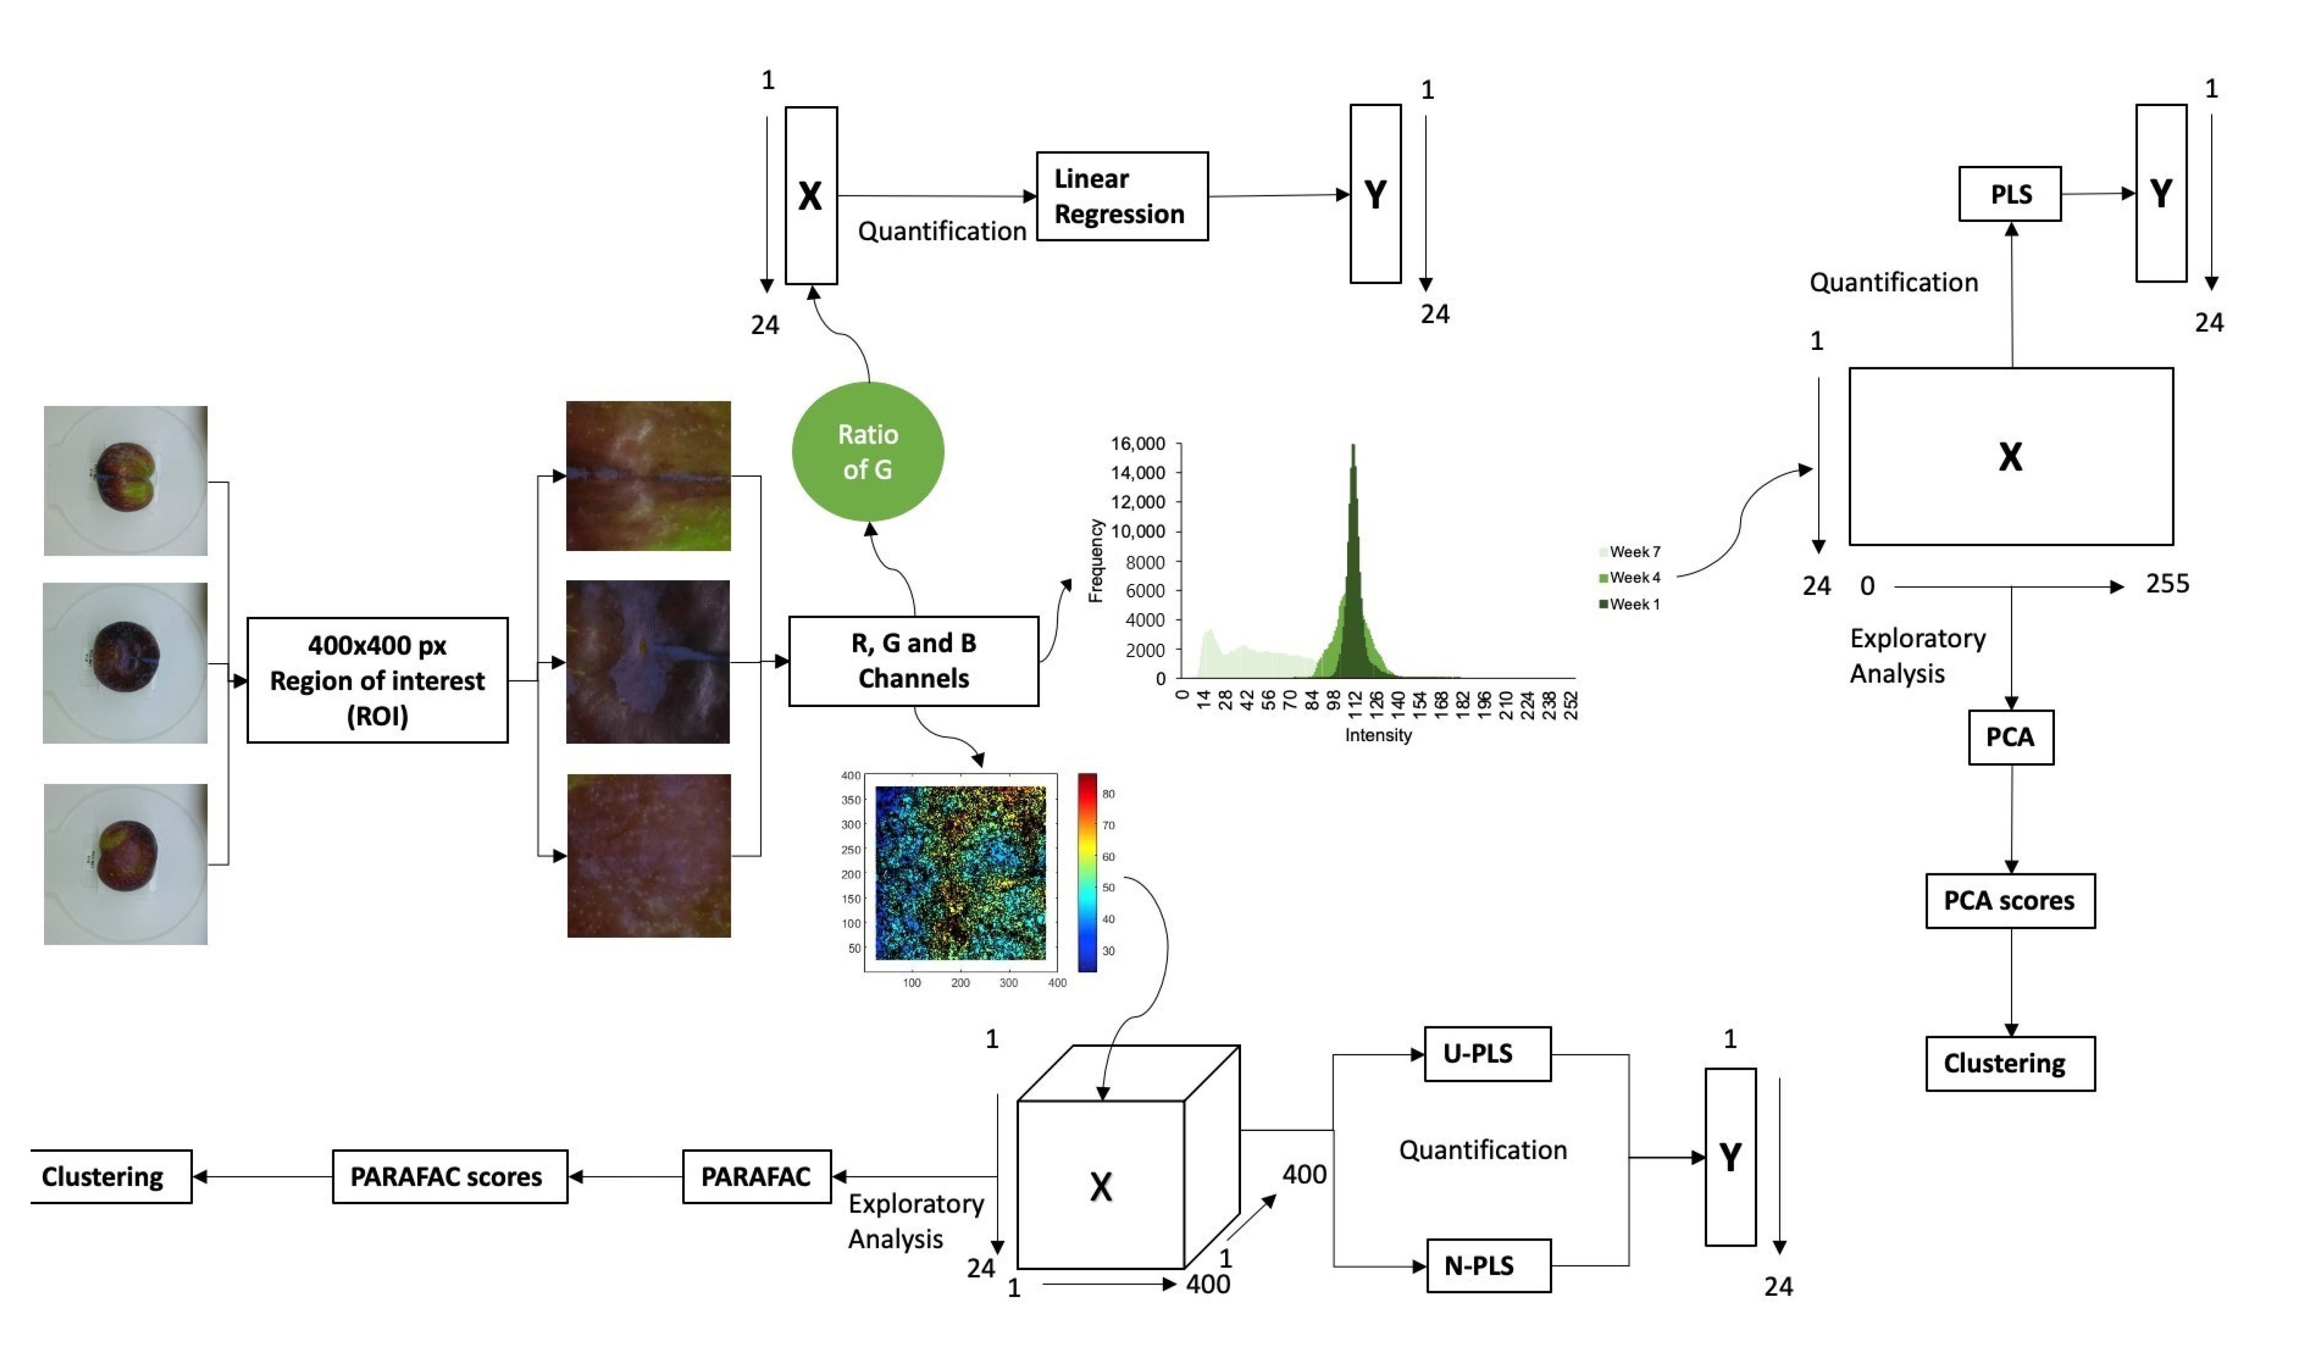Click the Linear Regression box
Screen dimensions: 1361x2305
(1122, 196)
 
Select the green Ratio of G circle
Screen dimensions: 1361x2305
(867, 452)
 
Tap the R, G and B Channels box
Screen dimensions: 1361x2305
(913, 661)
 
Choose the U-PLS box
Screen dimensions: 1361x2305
(1487, 1054)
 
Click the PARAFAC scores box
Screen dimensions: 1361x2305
(450, 1177)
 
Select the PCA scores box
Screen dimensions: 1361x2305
(2010, 900)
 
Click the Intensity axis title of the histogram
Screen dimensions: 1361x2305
(1378, 736)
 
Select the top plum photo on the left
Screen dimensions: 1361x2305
(126, 481)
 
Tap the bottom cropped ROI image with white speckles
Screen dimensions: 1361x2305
(649, 855)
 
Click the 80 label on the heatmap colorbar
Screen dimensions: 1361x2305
(1108, 794)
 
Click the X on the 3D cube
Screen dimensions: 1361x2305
(1101, 1187)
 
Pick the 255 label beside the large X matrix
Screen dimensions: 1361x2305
(2167, 584)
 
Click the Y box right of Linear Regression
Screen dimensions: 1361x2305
(1375, 194)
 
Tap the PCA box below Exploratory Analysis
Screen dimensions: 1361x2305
(2010, 737)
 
